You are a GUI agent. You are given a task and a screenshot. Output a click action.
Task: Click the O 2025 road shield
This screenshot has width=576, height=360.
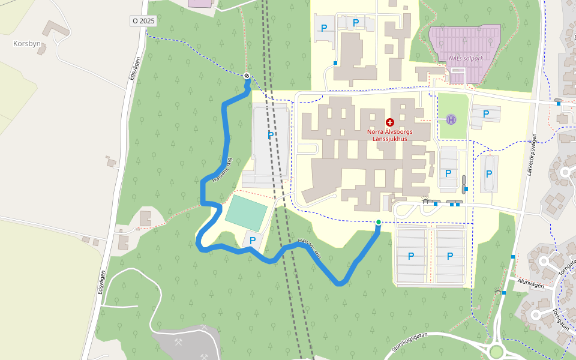point(143,20)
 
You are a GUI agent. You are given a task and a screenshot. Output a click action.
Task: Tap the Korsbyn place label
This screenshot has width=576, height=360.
point(26,44)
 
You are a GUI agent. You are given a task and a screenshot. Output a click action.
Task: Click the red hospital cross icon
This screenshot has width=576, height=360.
point(389,122)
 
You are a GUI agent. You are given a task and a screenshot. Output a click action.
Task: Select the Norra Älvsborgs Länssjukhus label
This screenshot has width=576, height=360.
point(389,135)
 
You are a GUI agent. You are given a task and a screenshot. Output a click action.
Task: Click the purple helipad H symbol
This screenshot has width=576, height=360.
point(451,119)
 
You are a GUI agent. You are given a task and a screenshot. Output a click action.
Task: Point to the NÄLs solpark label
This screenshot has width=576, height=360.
point(466,59)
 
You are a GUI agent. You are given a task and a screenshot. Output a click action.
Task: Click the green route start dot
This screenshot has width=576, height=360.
point(378,223)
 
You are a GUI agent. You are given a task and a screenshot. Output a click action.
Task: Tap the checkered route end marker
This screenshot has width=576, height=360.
point(247,76)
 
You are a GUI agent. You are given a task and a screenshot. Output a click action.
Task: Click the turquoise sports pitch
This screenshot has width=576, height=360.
point(246,213)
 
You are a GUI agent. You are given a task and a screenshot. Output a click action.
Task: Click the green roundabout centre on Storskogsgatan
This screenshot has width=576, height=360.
point(496,351)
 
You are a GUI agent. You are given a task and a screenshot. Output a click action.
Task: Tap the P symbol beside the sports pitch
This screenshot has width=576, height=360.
point(253,241)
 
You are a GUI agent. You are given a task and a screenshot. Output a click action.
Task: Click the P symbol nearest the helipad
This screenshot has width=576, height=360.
point(485,114)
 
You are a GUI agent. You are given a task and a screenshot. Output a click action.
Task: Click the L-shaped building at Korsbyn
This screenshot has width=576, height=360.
point(55,29)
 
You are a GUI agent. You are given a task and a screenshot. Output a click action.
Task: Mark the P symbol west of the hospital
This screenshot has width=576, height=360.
point(271,136)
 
